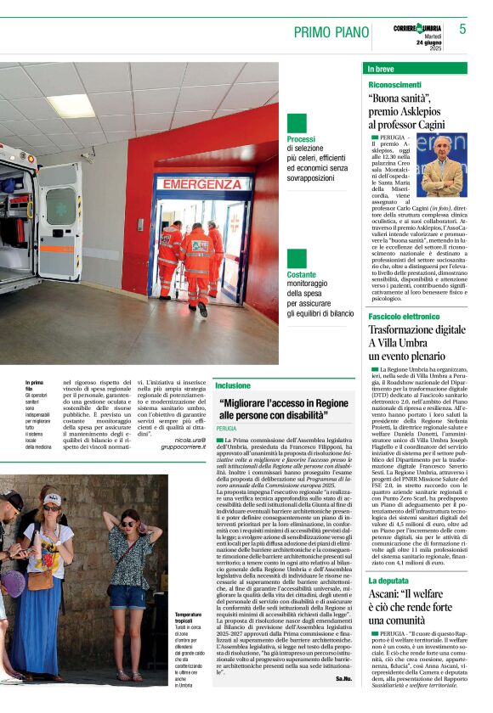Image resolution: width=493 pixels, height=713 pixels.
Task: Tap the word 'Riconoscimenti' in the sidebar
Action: point(394,85)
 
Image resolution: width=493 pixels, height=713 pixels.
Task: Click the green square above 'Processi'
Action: point(296,123)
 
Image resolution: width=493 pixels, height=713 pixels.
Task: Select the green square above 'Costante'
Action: point(296,259)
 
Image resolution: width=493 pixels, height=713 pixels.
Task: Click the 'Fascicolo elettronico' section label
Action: point(405,316)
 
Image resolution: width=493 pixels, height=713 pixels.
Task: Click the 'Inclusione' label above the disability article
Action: point(232,385)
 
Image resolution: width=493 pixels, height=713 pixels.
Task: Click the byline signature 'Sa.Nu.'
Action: point(343,679)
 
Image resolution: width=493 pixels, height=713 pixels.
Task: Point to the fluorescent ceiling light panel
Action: point(71,105)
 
